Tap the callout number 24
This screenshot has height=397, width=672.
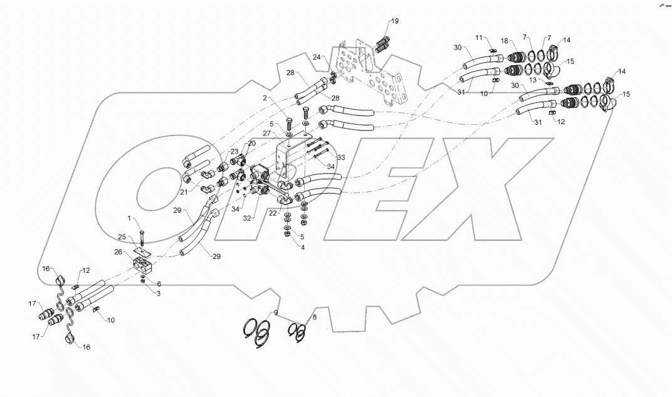click(317, 57)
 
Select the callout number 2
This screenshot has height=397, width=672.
click(265, 98)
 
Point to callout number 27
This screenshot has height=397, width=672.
click(267, 133)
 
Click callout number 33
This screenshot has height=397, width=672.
click(340, 157)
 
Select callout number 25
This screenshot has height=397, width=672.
click(122, 236)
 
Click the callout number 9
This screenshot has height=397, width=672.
click(275, 312)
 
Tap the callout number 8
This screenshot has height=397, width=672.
click(314, 318)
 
